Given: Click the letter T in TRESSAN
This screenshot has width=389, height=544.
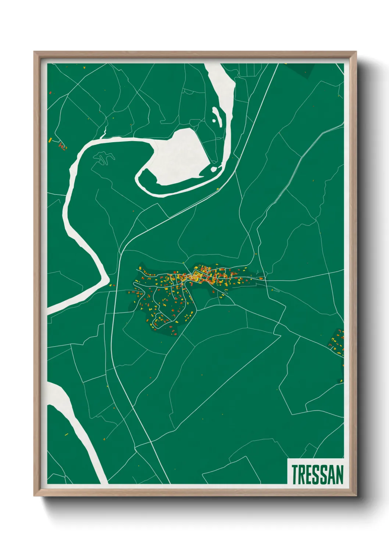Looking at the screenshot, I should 295,475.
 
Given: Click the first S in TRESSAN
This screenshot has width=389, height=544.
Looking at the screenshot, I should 317,475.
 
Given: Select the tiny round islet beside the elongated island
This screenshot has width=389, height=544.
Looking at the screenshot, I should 214,120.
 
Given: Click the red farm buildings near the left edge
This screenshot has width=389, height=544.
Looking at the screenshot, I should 63,146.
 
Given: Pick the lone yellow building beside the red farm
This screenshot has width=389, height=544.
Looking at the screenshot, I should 50,140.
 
